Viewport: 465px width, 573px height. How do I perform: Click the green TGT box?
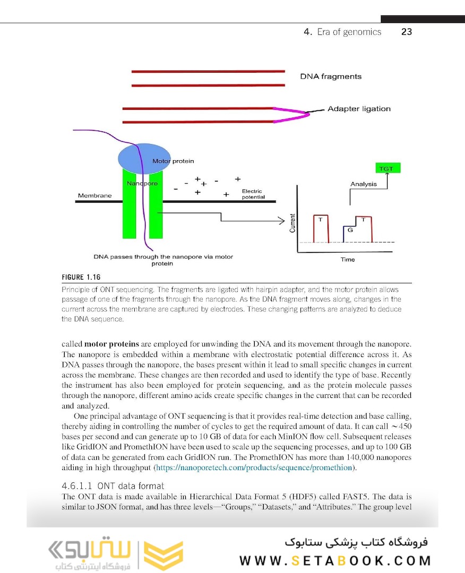pyautogui.click(x=386, y=168)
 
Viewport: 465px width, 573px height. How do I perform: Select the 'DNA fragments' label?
pyautogui.click(x=331, y=76)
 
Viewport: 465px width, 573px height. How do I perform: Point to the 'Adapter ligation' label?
pyautogui.click(x=359, y=109)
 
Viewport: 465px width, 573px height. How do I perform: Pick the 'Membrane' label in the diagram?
pyautogui.click(x=94, y=196)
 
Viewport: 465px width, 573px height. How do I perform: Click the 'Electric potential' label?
pyautogui.click(x=253, y=194)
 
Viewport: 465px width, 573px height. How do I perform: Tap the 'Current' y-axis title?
pyautogui.click(x=292, y=223)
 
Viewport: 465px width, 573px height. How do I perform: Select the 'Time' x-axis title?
pyautogui.click(x=348, y=259)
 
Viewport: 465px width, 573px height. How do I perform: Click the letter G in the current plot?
pyautogui.click(x=350, y=230)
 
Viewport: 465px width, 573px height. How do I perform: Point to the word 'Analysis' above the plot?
pyautogui.click(x=364, y=184)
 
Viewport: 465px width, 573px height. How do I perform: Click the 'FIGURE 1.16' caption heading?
pyautogui.click(x=81, y=277)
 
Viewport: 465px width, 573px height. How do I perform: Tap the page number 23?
pyautogui.click(x=407, y=32)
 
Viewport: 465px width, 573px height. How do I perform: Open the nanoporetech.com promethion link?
pyautogui.click(x=253, y=467)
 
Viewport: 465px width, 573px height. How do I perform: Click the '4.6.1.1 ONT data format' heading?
pyautogui.click(x=113, y=485)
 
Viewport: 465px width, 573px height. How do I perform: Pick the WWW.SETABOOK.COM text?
pyautogui.click(x=335, y=561)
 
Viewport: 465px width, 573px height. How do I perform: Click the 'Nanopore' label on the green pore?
pyautogui.click(x=142, y=184)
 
